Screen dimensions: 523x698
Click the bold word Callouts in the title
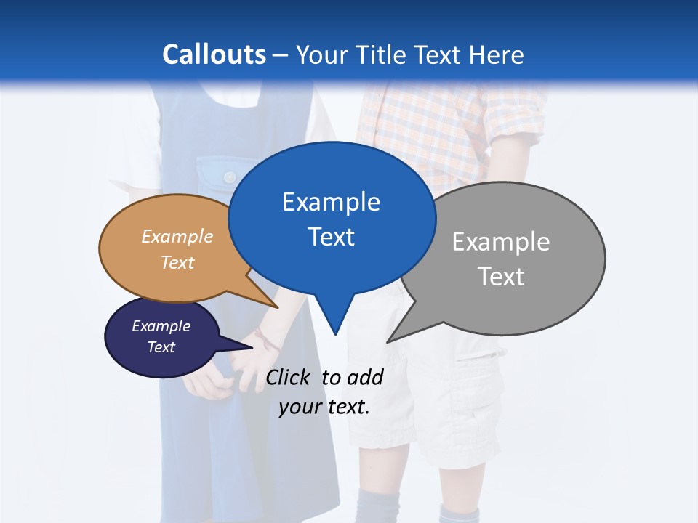click(214, 55)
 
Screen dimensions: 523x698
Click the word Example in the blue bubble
click(331, 202)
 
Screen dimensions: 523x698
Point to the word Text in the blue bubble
click(331, 237)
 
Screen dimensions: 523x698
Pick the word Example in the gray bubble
click(500, 242)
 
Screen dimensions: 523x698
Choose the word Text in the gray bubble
click(501, 277)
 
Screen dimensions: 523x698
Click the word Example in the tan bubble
click(177, 237)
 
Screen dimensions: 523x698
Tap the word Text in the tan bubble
click(177, 262)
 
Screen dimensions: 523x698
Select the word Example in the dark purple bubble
click(161, 326)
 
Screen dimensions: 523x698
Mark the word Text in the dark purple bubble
click(161, 347)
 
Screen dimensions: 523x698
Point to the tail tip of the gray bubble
click(390, 339)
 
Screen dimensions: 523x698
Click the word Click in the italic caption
click(289, 377)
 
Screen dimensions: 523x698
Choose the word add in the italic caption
click(365, 377)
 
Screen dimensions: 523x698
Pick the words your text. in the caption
click(324, 407)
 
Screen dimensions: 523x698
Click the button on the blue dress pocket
click(230, 177)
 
